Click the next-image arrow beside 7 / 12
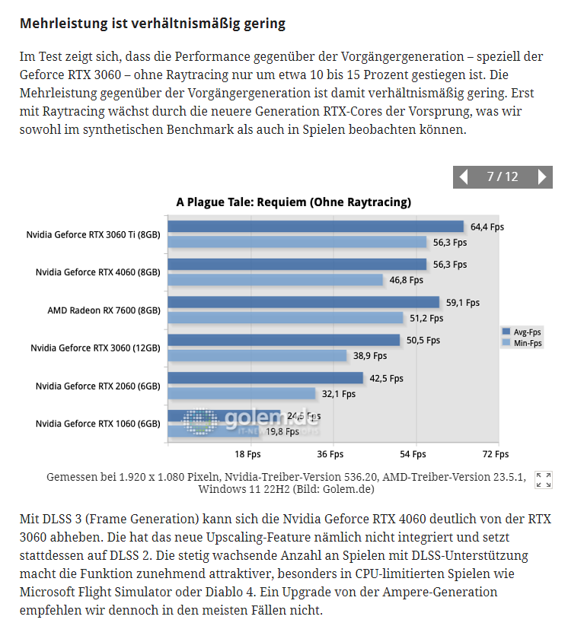click(x=542, y=177)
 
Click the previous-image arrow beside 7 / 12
click(x=463, y=177)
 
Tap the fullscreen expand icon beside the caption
click(x=544, y=480)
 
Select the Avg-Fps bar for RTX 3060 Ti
click(x=315, y=227)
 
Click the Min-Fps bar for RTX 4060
click(x=275, y=280)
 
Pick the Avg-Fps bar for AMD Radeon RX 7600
click(x=303, y=303)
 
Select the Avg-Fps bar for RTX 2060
click(x=265, y=378)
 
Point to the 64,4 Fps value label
click(x=487, y=227)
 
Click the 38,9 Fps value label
click(x=369, y=356)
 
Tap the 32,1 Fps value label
click(x=338, y=394)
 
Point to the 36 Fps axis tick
click(x=331, y=454)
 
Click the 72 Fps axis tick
click(x=496, y=454)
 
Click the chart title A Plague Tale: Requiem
click(x=293, y=202)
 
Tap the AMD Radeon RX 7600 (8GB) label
click(x=104, y=310)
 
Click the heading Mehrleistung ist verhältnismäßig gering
click(x=152, y=24)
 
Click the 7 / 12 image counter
click(x=502, y=177)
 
